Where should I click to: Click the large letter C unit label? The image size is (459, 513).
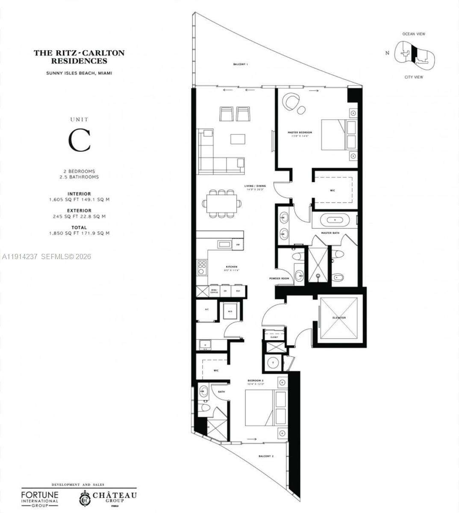79,140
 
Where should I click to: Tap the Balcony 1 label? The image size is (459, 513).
240,64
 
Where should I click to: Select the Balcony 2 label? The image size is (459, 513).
266,457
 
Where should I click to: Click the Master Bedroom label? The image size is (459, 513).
300,133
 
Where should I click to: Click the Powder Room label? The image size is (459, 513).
279,278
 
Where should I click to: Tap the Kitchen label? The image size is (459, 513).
231,267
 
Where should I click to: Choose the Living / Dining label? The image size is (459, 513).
255,186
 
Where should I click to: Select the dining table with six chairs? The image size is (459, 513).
221,203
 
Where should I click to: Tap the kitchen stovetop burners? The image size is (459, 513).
202,268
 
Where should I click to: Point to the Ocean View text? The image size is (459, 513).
414,34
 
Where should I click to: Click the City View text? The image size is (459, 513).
414,77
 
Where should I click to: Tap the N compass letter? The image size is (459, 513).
387,53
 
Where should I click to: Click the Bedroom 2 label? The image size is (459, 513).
255,380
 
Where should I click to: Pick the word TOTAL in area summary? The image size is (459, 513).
79,227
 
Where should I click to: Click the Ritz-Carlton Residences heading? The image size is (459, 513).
79,57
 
